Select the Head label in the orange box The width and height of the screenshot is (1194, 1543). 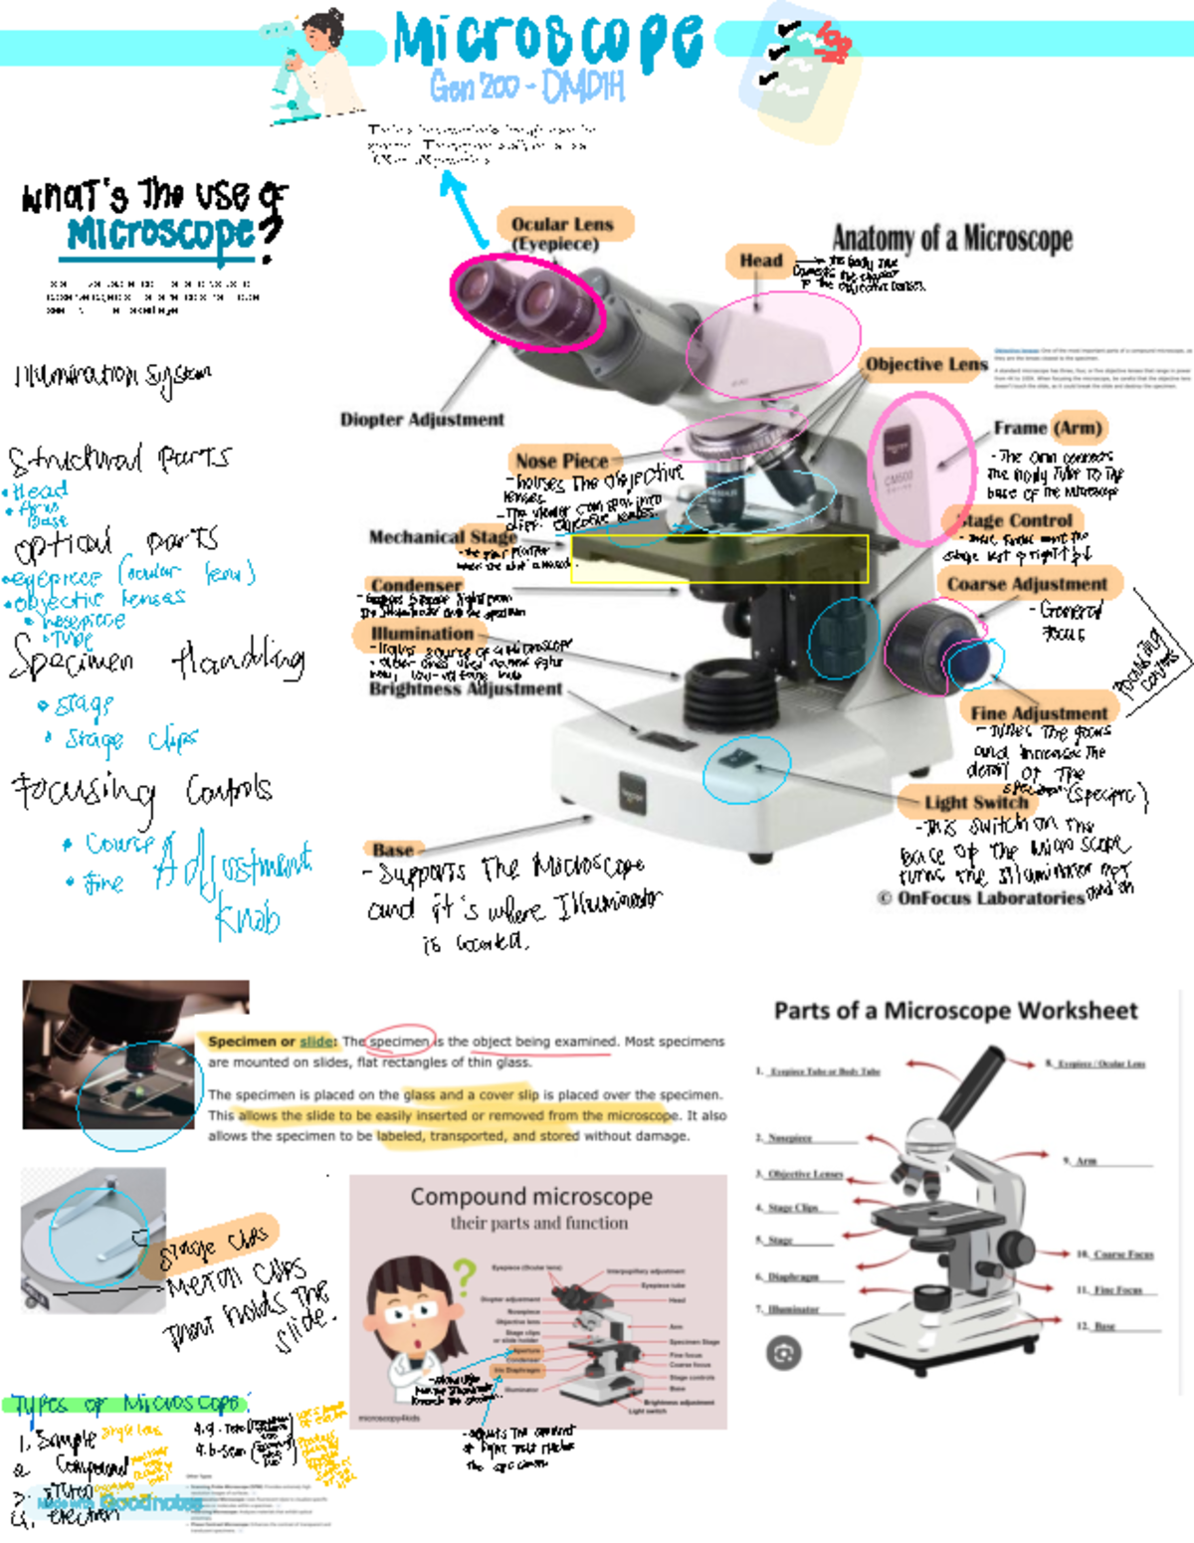tap(760, 261)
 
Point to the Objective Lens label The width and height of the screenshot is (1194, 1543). tap(925, 364)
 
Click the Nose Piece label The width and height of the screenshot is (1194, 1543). tap(561, 461)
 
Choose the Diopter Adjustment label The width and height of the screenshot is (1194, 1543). tap(422, 420)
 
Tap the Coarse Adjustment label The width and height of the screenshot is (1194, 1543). tap(1027, 584)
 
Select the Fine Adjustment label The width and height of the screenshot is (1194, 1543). tap(1039, 712)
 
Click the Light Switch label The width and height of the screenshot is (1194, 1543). tap(975, 802)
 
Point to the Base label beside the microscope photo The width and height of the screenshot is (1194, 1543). tap(393, 850)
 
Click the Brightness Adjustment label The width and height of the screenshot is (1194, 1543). tap(466, 688)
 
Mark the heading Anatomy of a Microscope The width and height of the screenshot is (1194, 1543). tap(952, 239)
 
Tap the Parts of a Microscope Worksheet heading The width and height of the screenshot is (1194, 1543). tap(955, 1011)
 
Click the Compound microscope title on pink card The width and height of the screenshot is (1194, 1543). tap(531, 1197)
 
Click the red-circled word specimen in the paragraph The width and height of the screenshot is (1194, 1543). tap(400, 1042)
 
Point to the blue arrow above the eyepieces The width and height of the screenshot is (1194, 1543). tap(464, 208)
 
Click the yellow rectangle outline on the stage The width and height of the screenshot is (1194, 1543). tap(719, 558)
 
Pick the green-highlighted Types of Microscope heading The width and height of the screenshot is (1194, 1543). tap(127, 1404)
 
